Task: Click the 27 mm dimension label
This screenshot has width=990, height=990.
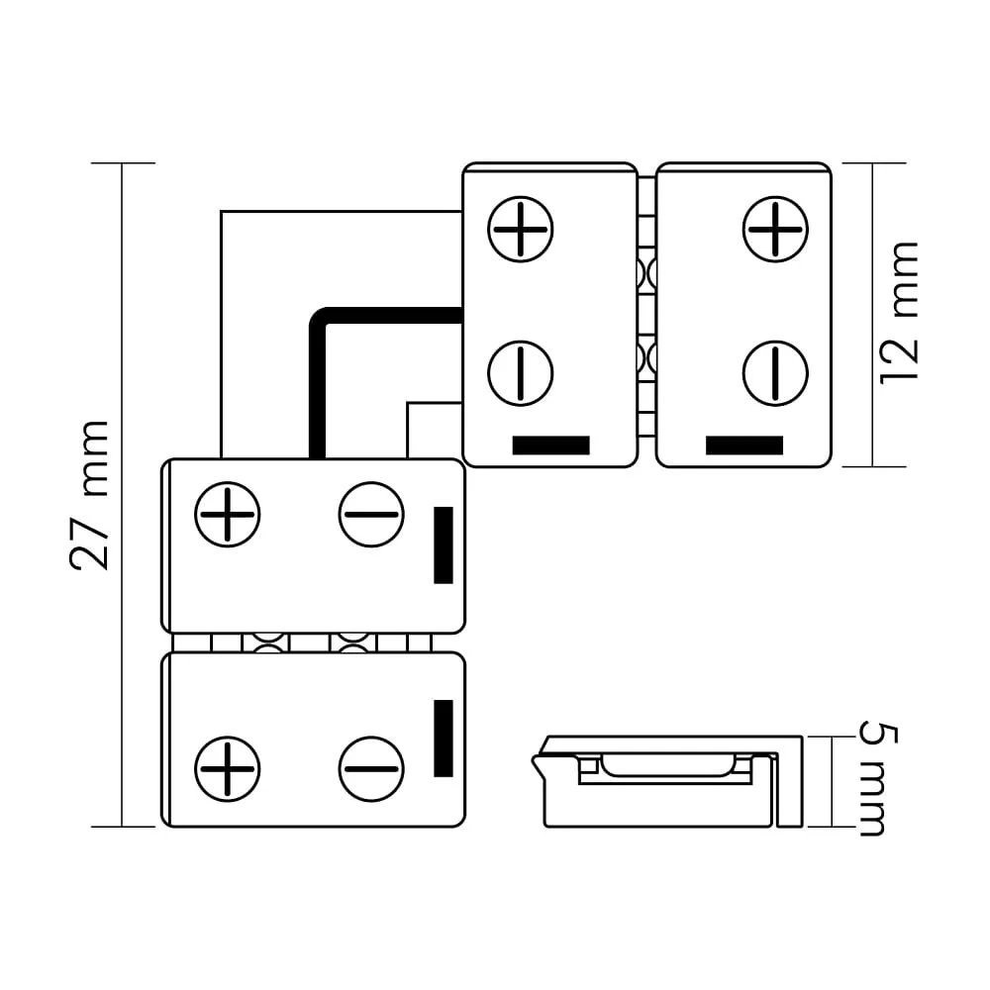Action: (x=90, y=495)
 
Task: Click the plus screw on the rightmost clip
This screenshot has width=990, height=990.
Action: (x=775, y=230)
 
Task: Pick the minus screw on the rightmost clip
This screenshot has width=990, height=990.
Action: (x=775, y=373)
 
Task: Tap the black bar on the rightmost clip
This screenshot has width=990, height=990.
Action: (x=744, y=445)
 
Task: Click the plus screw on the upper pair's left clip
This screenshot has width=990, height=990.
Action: (x=521, y=230)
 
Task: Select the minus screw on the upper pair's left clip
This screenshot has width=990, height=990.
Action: (x=521, y=373)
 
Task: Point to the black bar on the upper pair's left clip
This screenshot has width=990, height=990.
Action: (x=550, y=445)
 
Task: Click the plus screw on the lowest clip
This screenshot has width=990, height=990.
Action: (x=228, y=769)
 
